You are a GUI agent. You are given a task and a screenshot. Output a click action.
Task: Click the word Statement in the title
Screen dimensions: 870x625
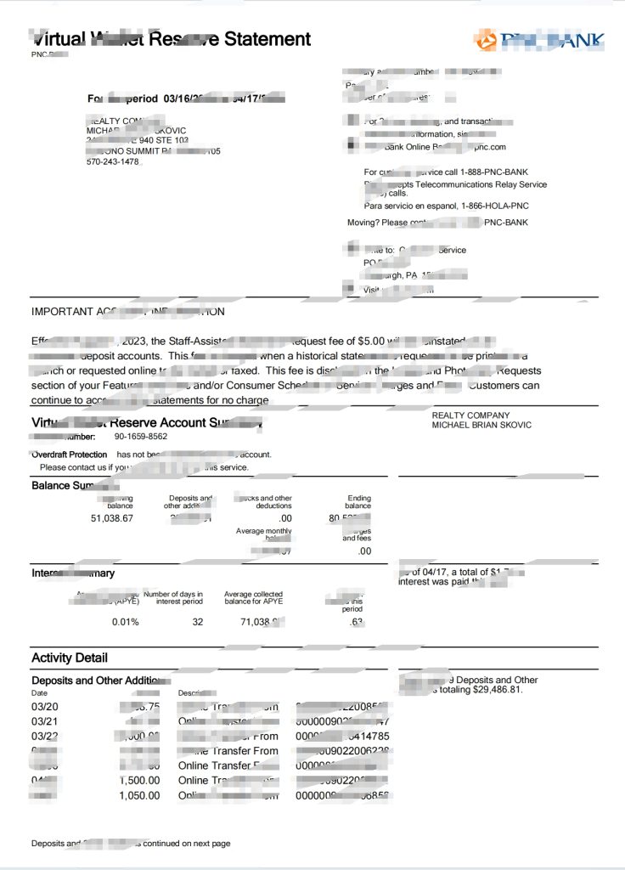point(267,39)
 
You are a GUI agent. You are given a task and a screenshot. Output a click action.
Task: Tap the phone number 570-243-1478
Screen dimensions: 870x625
point(112,161)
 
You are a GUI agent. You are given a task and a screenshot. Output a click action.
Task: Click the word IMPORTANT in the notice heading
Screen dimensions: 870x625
point(61,312)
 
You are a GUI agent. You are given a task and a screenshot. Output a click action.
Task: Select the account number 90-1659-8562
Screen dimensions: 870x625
point(141,437)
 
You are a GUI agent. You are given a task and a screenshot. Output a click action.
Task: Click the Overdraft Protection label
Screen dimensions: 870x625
point(70,455)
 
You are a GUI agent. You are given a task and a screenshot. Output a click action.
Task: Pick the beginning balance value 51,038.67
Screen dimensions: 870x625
point(111,518)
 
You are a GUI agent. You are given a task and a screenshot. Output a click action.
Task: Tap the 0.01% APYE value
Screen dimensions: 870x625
point(125,622)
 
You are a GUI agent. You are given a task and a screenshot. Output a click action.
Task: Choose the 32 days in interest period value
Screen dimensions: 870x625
point(197,622)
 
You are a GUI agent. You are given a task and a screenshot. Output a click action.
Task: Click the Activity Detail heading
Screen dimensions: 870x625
point(70,658)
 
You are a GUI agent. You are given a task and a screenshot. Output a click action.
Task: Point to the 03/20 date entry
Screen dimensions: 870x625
point(45,707)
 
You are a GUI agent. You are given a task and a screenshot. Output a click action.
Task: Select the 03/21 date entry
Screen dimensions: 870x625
point(45,721)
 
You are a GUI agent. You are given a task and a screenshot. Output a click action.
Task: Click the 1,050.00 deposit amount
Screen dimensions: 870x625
point(139,795)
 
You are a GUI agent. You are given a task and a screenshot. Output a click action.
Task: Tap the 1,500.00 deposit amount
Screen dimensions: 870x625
point(139,780)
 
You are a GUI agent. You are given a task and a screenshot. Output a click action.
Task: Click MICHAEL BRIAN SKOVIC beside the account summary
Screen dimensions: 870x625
point(481,425)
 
